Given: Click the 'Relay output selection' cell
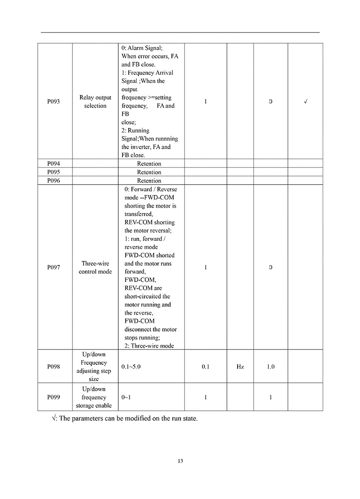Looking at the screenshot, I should [95, 101].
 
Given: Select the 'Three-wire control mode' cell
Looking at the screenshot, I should [95, 268].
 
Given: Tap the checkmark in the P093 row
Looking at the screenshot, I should [306, 101].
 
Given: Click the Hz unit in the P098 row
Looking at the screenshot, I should [240, 367].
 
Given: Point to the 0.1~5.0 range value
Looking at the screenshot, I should [131, 367].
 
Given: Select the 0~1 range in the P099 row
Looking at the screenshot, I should [126, 397].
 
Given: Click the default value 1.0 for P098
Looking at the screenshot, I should [270, 367].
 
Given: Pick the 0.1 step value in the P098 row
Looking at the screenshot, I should [206, 367].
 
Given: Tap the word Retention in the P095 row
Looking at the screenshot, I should [149, 172].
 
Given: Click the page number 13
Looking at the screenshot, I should [180, 461].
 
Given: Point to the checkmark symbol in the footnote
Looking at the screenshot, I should [54, 418].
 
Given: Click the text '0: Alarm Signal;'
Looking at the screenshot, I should [142, 48].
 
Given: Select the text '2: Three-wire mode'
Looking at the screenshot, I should [149, 346].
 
